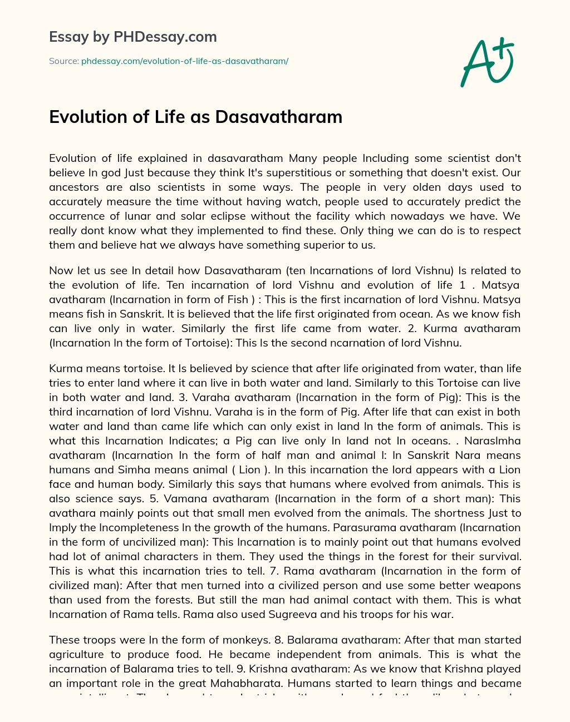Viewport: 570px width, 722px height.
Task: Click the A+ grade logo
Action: pos(487,62)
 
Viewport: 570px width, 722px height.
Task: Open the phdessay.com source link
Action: pos(184,61)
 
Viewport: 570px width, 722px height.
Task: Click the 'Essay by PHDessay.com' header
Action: pos(132,37)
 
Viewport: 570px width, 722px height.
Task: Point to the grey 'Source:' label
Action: pos(63,61)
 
